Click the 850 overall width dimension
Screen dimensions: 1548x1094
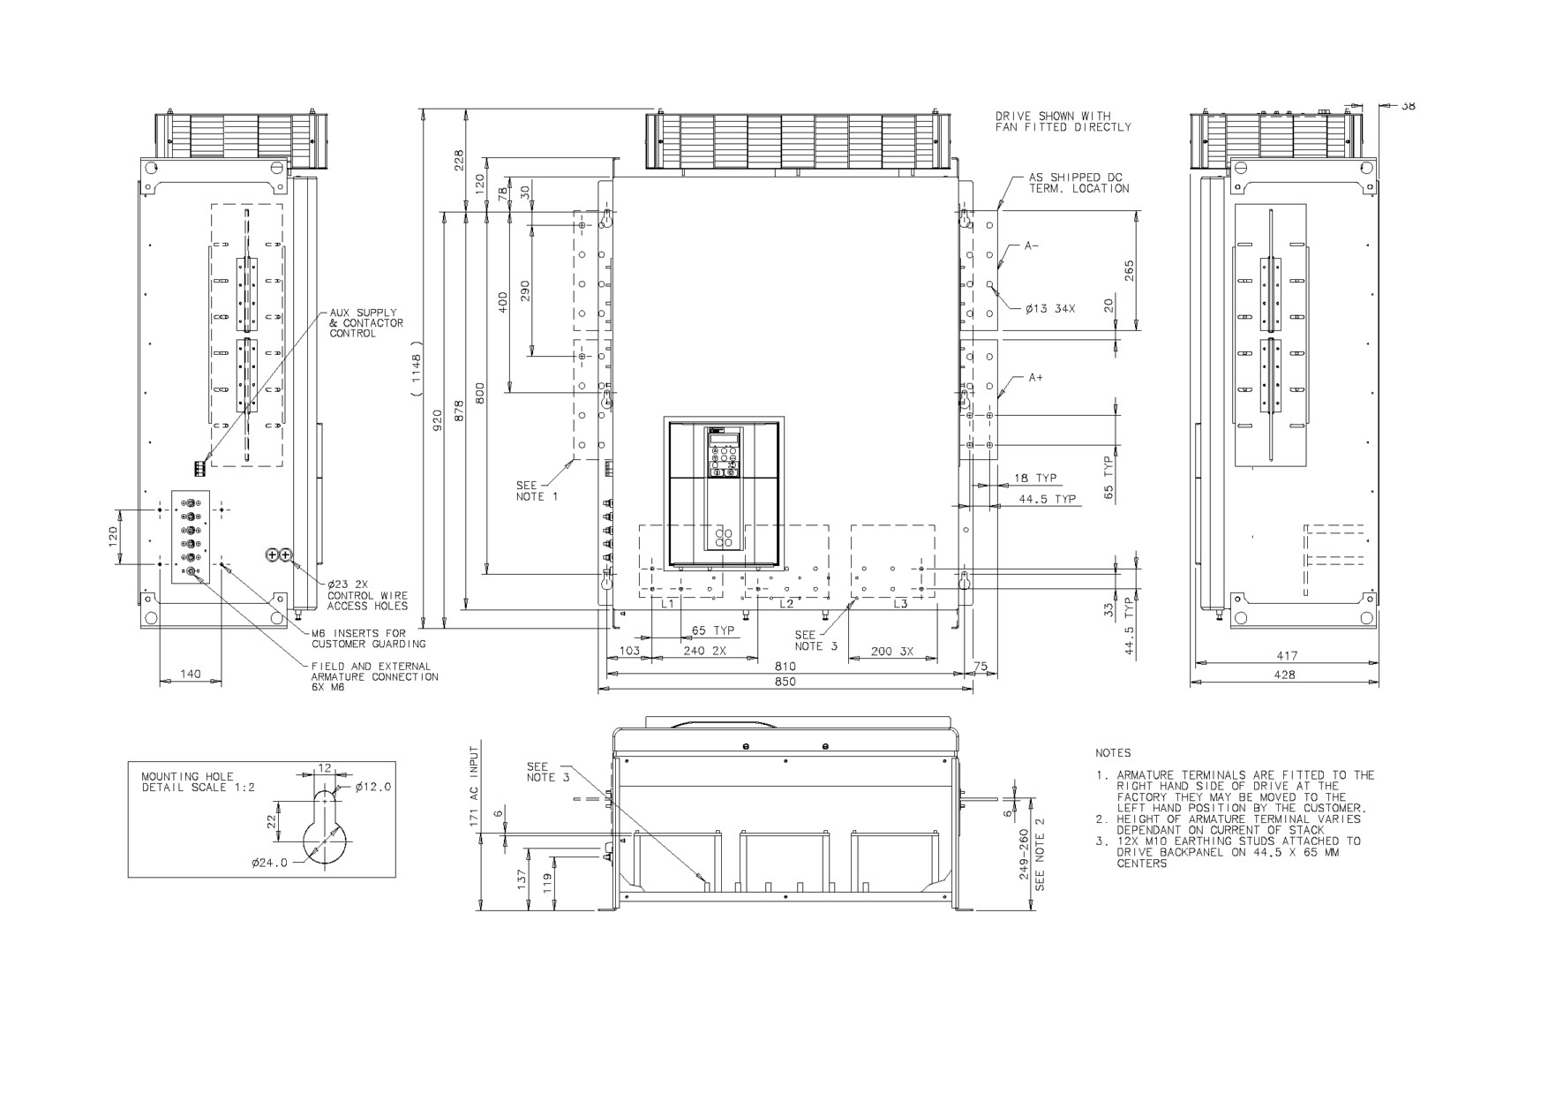click(785, 682)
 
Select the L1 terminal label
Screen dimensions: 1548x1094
click(667, 604)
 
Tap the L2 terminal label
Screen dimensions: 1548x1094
click(786, 604)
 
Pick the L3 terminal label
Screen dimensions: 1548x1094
click(900, 604)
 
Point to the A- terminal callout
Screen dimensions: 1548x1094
click(1032, 246)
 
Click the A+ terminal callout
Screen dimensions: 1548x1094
click(1035, 377)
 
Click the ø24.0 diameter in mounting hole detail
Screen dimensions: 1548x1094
click(269, 864)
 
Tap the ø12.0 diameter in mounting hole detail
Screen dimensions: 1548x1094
click(373, 787)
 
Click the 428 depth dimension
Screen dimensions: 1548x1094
click(1285, 675)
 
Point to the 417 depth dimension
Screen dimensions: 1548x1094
click(1287, 656)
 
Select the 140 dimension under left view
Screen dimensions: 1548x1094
click(190, 674)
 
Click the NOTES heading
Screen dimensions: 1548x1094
click(1113, 753)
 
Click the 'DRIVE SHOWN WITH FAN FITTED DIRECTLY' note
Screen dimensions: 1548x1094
click(1063, 122)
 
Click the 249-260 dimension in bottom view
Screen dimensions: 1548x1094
click(1024, 854)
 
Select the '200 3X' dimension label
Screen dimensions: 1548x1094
click(892, 652)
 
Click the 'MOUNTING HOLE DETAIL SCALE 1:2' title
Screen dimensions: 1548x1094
click(198, 782)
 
